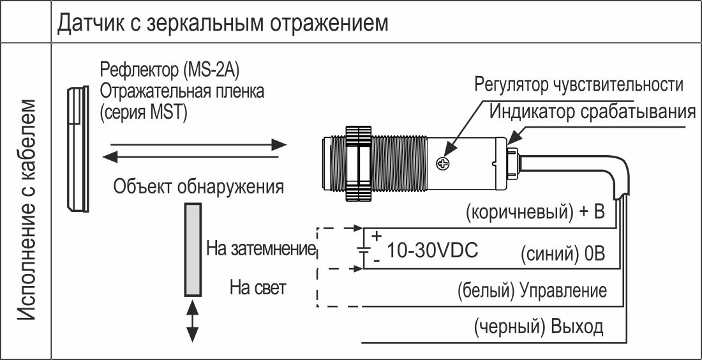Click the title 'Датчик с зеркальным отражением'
click(x=223, y=23)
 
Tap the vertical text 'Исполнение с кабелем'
click(x=27, y=209)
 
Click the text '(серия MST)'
click(x=143, y=112)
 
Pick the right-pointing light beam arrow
click(x=198, y=144)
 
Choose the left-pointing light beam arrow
click(x=190, y=157)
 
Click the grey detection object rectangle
click(x=193, y=250)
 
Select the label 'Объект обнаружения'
click(x=198, y=186)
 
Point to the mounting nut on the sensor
click(x=358, y=164)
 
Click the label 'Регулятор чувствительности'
click(x=579, y=84)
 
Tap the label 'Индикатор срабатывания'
click(x=592, y=112)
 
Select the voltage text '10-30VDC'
click(x=432, y=251)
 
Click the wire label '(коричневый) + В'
click(x=535, y=213)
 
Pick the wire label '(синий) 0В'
click(x=564, y=254)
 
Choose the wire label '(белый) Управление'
click(x=532, y=291)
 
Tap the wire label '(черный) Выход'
click(x=539, y=327)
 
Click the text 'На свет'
click(x=258, y=287)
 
